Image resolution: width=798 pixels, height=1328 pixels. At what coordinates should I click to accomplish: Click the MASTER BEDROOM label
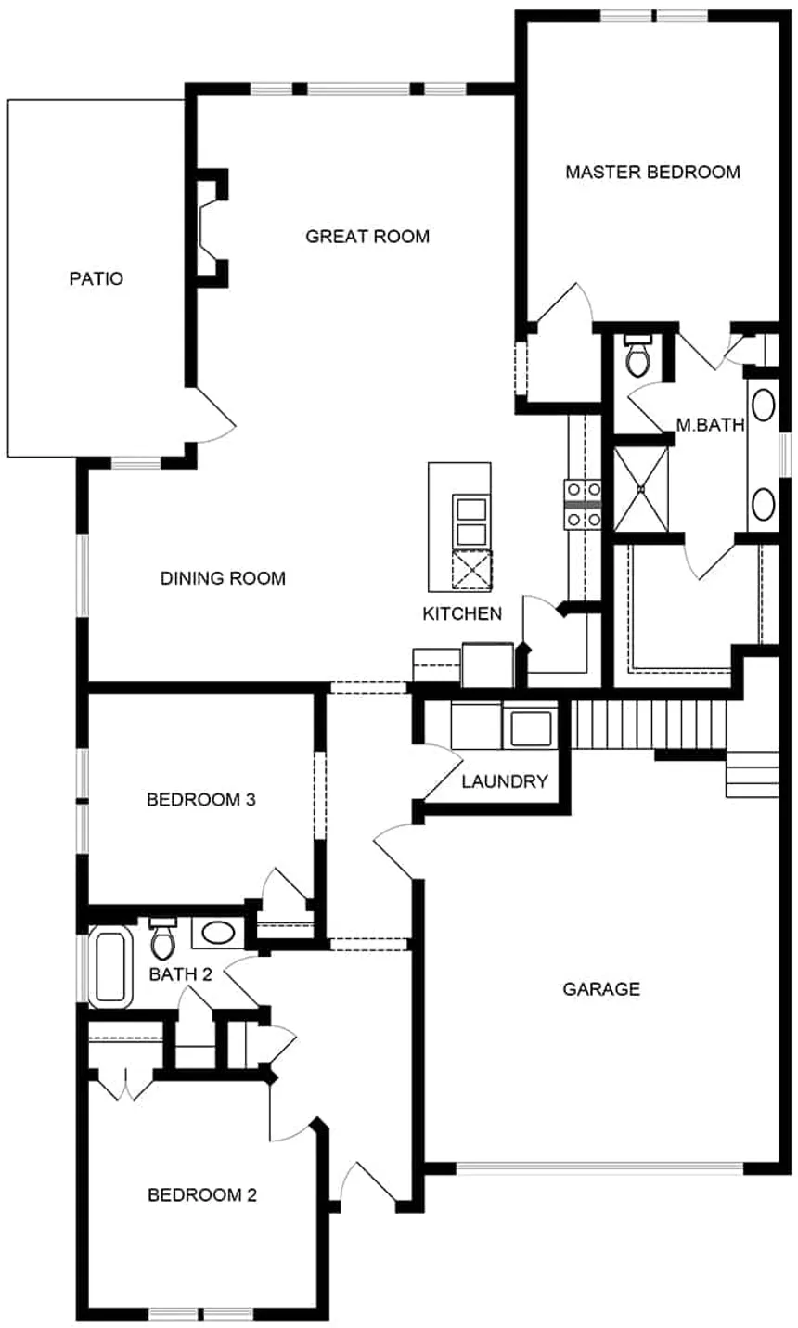pyautogui.click(x=652, y=172)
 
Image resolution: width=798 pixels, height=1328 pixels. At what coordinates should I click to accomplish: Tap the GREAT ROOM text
pyautogui.click(x=367, y=237)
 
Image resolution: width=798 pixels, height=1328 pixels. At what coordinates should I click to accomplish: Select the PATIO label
pyautogui.click(x=97, y=278)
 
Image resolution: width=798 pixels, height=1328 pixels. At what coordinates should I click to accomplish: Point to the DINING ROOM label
pyautogui.click(x=223, y=578)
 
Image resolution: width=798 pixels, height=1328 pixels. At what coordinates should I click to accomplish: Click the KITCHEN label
pyautogui.click(x=462, y=613)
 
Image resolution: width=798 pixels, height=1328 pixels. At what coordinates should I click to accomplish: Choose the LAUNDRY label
pyautogui.click(x=505, y=781)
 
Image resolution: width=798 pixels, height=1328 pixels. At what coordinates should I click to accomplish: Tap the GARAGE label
pyautogui.click(x=601, y=988)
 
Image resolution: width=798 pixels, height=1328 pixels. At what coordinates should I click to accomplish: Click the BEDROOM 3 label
pyautogui.click(x=200, y=799)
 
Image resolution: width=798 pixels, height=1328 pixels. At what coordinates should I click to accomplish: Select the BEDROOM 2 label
pyautogui.click(x=201, y=1194)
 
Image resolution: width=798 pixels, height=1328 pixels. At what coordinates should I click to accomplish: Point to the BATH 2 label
pyautogui.click(x=174, y=974)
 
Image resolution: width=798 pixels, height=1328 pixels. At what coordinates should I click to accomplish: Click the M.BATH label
pyautogui.click(x=710, y=426)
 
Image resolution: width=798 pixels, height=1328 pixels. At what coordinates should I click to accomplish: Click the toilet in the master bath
pyautogui.click(x=638, y=356)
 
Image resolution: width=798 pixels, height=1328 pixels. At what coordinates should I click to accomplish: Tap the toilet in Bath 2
pyautogui.click(x=162, y=939)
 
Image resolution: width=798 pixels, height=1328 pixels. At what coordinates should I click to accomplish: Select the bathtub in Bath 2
pyautogui.click(x=111, y=967)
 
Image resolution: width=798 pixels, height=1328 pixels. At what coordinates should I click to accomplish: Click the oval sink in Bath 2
pyautogui.click(x=219, y=932)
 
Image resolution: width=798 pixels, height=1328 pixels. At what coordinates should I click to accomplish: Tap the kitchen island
pyautogui.click(x=459, y=526)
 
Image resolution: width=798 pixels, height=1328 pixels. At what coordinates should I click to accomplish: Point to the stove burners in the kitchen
pyautogui.click(x=582, y=504)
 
